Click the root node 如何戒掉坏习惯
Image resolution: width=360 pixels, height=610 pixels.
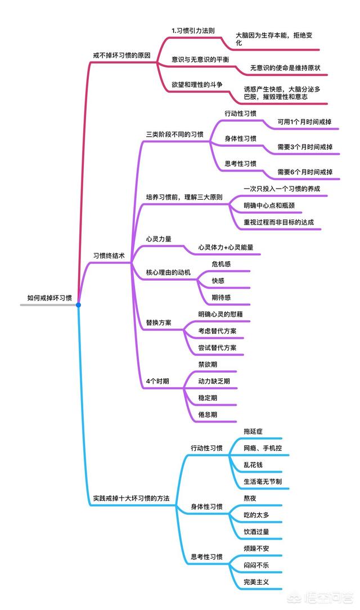(x=49, y=298)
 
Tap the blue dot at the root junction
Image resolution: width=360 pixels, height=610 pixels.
(x=79, y=305)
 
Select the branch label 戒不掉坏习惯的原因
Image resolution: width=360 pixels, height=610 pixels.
(x=121, y=56)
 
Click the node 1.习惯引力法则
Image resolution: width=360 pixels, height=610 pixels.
(x=193, y=30)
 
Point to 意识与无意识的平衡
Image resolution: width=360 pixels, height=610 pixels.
(x=200, y=59)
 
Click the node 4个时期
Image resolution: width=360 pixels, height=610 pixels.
(x=157, y=381)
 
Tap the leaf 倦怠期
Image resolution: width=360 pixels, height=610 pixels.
(x=208, y=414)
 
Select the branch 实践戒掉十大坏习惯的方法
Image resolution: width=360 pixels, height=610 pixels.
(x=131, y=499)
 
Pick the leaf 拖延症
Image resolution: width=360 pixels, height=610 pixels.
(x=253, y=431)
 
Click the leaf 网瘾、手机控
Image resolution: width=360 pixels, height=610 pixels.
(x=263, y=448)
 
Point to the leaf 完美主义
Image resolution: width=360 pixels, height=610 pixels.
(x=256, y=581)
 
